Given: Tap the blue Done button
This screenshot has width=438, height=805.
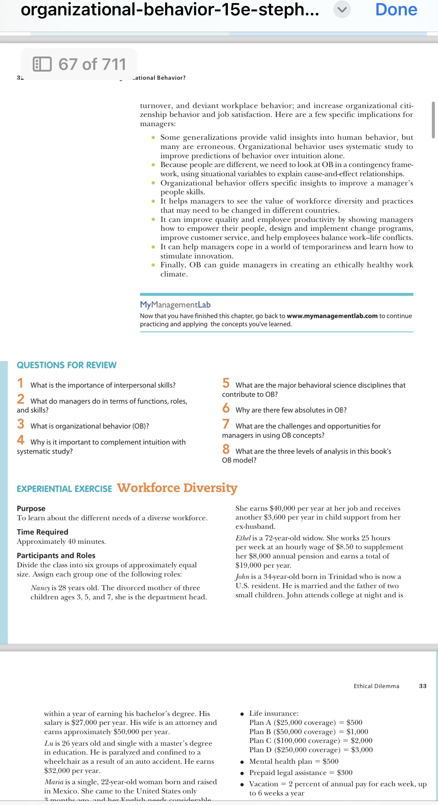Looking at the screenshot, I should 396,10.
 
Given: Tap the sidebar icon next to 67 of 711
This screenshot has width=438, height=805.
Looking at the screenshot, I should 42,64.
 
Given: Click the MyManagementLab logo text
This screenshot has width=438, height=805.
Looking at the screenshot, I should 175,305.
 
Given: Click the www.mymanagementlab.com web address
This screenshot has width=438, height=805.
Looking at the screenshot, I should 332,316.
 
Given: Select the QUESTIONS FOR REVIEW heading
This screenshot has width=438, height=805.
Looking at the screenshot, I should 67,365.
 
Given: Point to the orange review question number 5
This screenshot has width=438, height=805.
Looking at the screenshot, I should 226,383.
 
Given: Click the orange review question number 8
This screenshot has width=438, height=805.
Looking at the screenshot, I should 226,449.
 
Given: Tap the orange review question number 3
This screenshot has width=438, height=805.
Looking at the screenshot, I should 21,424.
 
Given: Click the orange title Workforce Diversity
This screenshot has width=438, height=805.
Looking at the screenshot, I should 177,488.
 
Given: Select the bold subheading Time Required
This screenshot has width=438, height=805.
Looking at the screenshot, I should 43,532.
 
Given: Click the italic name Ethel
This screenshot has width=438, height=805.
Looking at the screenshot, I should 243,538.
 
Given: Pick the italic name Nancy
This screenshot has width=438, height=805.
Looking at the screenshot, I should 40,588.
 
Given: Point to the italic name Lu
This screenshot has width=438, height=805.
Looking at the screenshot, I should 48,743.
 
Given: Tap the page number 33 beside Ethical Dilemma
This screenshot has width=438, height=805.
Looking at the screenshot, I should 423,686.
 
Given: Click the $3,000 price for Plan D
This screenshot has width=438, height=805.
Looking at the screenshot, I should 362,750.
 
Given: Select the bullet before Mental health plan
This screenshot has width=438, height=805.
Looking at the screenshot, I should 242,762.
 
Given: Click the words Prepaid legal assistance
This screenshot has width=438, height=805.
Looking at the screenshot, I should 288,773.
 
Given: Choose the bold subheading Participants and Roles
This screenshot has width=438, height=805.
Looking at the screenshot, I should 56,555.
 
